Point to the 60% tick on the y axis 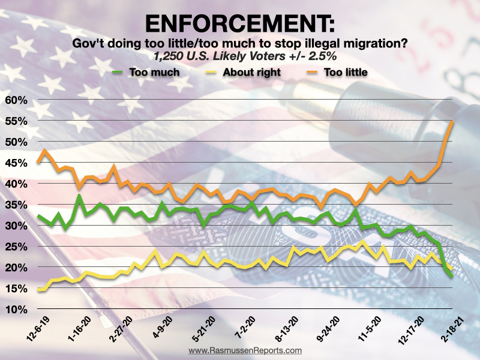16,100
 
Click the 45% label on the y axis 16,163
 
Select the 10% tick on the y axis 16,310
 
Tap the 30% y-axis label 16,226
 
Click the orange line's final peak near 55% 452,121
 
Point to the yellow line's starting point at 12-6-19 39,290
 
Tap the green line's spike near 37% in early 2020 79,196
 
